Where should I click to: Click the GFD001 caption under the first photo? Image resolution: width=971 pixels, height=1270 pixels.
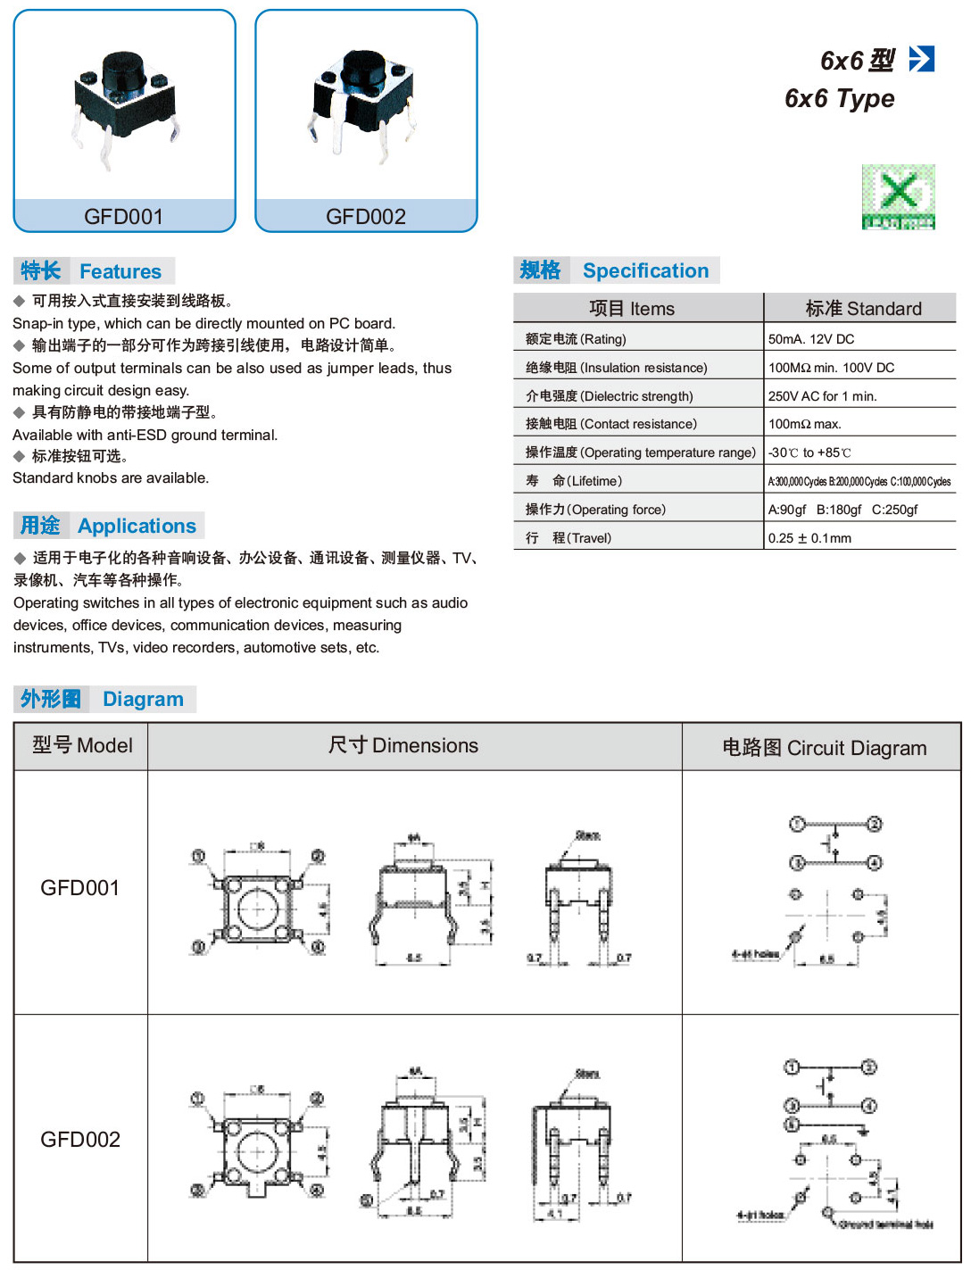click(x=124, y=216)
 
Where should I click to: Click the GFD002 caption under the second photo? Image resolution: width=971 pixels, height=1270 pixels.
click(x=366, y=216)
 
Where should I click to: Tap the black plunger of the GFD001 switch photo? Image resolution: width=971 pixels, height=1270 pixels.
click(x=123, y=71)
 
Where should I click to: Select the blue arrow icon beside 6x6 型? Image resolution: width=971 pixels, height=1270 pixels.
click(x=921, y=59)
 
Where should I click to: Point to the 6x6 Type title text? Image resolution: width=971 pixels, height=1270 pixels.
click(x=839, y=98)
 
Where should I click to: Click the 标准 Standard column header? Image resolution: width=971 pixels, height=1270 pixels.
click(x=862, y=309)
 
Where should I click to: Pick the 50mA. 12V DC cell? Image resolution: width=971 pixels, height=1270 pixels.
click(x=811, y=339)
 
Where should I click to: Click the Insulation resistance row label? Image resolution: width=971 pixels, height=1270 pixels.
click(x=616, y=368)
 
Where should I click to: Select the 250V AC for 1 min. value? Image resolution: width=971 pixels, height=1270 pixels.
click(x=822, y=396)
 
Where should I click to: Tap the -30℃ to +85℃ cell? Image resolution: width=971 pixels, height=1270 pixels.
click(x=809, y=452)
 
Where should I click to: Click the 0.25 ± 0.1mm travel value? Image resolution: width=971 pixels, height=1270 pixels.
click(x=809, y=538)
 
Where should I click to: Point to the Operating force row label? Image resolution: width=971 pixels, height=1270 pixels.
click(x=595, y=510)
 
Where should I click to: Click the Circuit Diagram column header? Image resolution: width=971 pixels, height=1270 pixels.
click(x=824, y=748)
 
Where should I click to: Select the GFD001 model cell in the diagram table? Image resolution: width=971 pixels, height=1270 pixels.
click(x=80, y=888)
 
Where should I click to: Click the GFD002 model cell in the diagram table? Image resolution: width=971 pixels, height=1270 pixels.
click(x=80, y=1140)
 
